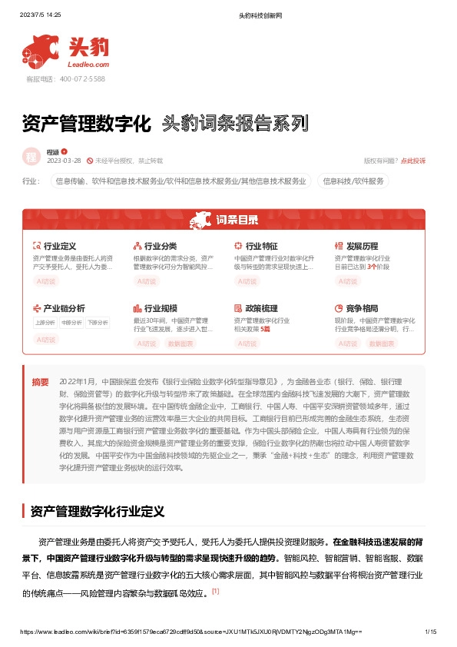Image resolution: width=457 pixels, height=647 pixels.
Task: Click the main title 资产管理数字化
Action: point(86,124)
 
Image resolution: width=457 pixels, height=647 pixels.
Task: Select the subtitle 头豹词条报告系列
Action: point(235,124)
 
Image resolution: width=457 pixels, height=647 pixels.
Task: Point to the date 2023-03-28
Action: point(64,161)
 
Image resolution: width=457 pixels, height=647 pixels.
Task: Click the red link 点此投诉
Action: point(413,161)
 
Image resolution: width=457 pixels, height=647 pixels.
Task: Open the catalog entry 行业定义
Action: point(59,246)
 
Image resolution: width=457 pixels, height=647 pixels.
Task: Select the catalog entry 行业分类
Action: point(160,246)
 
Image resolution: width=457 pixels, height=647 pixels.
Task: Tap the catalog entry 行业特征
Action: point(261,246)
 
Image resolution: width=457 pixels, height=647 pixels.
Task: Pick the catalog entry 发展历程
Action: point(362,246)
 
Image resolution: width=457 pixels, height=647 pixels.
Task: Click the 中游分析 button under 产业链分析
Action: point(71,322)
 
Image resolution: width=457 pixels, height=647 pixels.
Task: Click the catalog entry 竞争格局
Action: point(362,308)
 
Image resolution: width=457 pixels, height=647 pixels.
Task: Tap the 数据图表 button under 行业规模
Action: point(180,343)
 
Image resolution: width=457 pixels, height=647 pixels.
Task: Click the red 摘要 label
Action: point(40,382)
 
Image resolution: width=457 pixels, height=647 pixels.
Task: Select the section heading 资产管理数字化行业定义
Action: point(104,510)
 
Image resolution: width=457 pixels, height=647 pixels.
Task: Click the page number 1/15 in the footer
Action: point(430,632)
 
